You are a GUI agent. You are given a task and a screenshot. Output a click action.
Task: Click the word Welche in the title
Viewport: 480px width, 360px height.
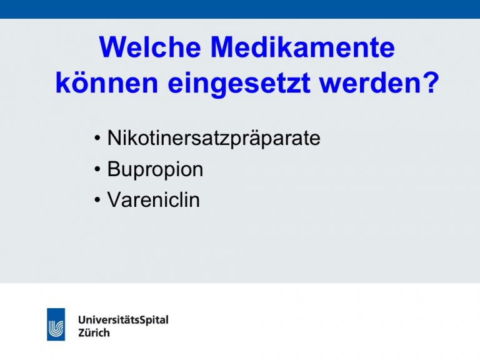tap(150, 47)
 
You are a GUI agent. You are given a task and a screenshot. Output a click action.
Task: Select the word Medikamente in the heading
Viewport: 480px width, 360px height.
tap(302, 47)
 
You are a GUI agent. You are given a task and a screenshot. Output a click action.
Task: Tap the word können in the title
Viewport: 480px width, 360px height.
tap(107, 82)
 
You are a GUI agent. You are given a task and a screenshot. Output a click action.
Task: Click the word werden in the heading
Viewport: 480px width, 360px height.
tap(371, 82)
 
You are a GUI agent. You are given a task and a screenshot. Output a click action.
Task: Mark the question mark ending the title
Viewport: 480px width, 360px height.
tap(432, 82)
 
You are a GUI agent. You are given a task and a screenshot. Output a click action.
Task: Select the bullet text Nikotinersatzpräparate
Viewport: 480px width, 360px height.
tap(214, 139)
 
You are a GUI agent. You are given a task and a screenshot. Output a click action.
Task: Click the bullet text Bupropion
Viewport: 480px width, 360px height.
tap(155, 169)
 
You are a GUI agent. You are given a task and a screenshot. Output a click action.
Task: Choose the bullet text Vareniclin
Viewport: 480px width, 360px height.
tap(153, 200)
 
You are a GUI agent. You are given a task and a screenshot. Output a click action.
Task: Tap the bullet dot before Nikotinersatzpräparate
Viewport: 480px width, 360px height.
tap(97, 138)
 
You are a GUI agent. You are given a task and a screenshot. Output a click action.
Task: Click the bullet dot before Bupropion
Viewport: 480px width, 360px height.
tap(97, 169)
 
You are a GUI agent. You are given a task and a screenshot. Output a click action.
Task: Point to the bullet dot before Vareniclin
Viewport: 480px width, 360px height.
tap(97, 200)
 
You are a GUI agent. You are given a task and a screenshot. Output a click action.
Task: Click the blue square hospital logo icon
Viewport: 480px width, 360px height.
tap(56, 324)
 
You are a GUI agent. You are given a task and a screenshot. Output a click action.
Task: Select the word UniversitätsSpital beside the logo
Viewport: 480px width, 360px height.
tap(123, 320)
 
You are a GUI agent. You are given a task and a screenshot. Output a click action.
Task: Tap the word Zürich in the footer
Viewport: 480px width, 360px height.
tap(94, 332)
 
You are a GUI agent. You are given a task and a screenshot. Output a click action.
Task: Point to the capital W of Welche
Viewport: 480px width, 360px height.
tap(113, 47)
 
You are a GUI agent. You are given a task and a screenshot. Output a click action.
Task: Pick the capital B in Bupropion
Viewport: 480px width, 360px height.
tap(114, 169)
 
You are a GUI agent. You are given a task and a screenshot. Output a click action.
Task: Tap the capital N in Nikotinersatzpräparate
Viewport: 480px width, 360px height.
tap(115, 138)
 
